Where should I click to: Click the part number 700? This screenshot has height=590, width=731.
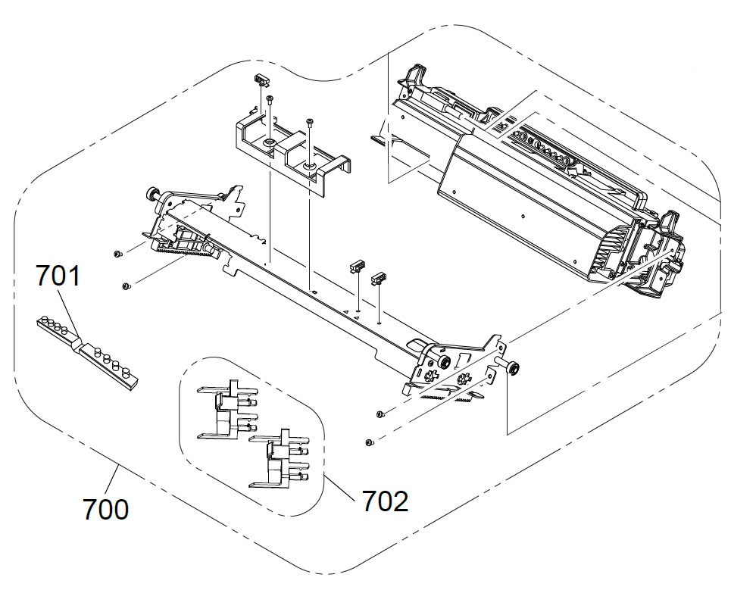pos(106,508)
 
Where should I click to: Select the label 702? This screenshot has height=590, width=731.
pos(384,500)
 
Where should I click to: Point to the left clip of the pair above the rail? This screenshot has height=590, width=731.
pos(355,267)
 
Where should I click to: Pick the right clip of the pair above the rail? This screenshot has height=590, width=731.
pos(377,278)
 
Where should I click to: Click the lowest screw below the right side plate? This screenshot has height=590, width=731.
pos(369,442)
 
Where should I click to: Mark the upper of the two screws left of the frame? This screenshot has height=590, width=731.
pos(117,253)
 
